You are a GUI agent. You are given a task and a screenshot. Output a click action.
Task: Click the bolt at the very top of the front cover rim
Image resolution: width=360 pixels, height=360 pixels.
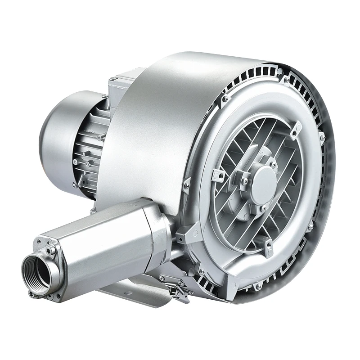pyautogui.click(x=286, y=80)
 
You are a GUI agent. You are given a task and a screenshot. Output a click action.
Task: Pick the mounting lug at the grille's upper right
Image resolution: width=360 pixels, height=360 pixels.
pyautogui.click(x=296, y=129)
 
